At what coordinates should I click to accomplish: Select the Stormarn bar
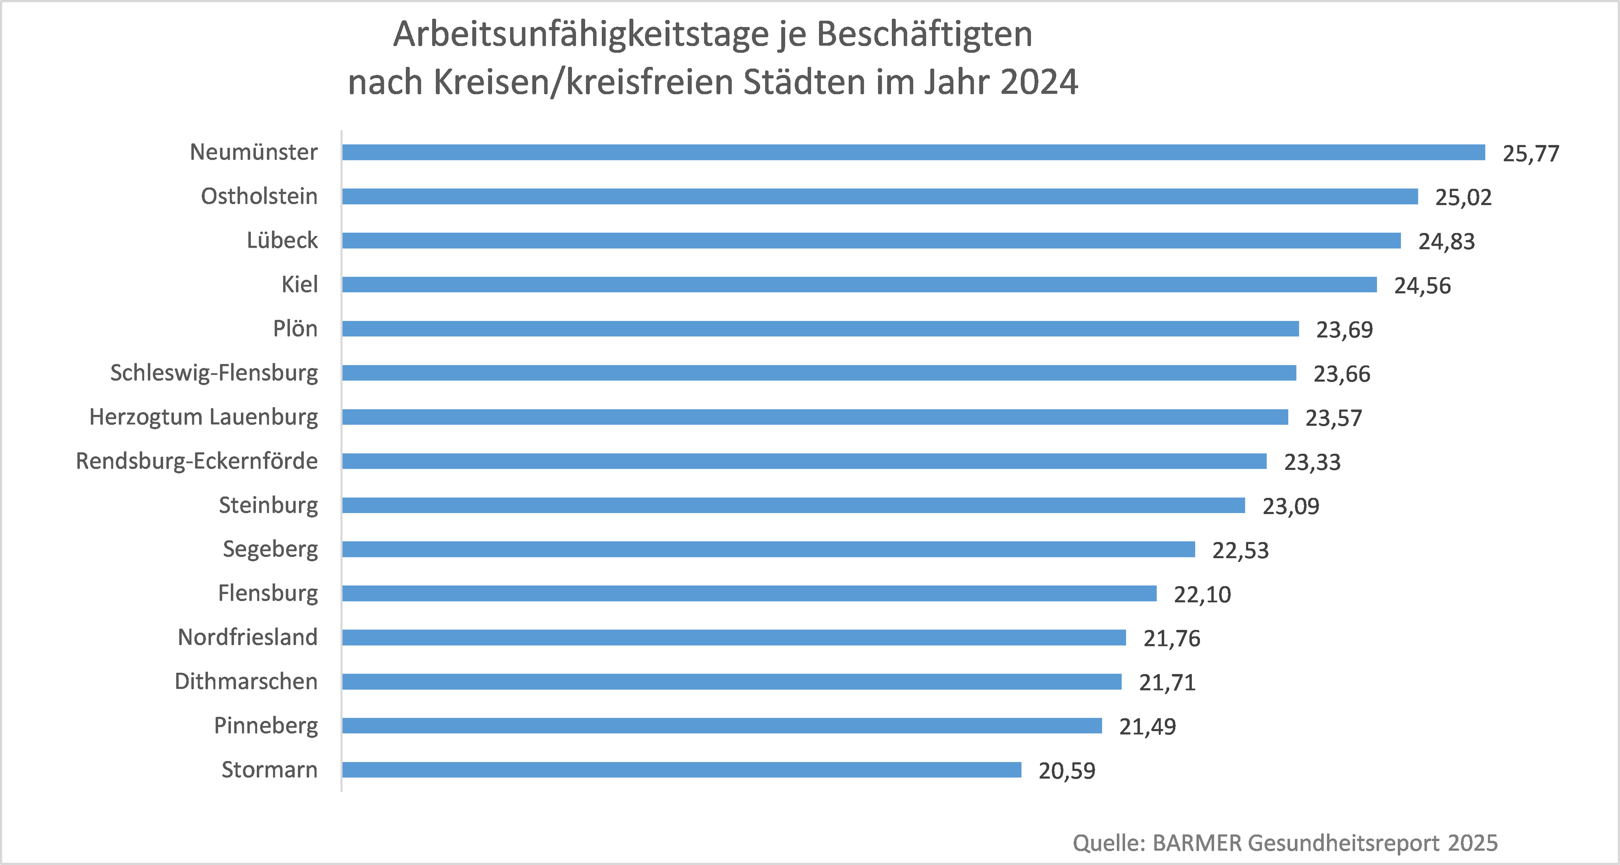coord(681,769)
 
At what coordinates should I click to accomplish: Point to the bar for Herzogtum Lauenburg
coord(814,417)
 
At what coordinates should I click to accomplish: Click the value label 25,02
coord(1463,198)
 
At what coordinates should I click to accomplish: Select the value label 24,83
coord(1446,241)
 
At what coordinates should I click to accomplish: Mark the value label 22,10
coord(1202,594)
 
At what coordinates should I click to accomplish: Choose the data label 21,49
coord(1147,726)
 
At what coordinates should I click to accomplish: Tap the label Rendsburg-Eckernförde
coord(197,461)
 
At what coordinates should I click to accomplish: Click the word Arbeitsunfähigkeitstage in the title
coord(580,34)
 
